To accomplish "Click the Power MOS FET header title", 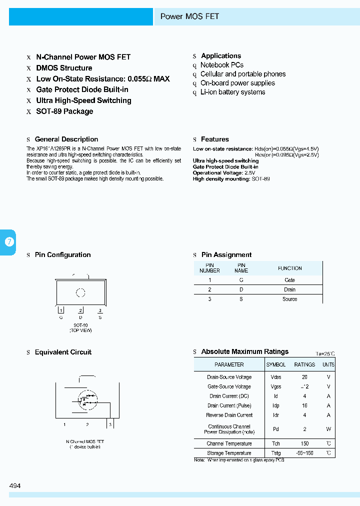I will click(x=189, y=16).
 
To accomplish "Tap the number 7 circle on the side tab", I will click(x=9, y=242).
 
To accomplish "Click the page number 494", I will click(x=15, y=485).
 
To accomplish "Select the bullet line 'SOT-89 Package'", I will click(x=64, y=111).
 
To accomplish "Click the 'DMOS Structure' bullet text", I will click(x=64, y=68).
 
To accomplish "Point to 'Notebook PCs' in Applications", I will click(x=222, y=65).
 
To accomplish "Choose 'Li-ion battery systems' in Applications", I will click(x=232, y=92).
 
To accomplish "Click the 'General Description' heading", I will click(x=66, y=139).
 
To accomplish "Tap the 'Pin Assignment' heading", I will click(x=226, y=255).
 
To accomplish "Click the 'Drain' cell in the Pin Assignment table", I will click(x=289, y=289).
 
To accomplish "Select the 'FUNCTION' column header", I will click(x=289, y=268).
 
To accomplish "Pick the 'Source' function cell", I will click(x=289, y=299).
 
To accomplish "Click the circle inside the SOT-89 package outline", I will click(x=80, y=293).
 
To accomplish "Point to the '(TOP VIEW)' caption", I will click(x=80, y=330).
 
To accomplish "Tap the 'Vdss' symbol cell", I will click(x=275, y=377).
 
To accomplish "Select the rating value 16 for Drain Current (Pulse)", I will click(x=304, y=406).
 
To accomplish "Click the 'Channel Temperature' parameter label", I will click(x=229, y=444).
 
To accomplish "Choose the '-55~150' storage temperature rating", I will click(x=304, y=453).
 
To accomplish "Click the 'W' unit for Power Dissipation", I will click(x=328, y=429).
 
